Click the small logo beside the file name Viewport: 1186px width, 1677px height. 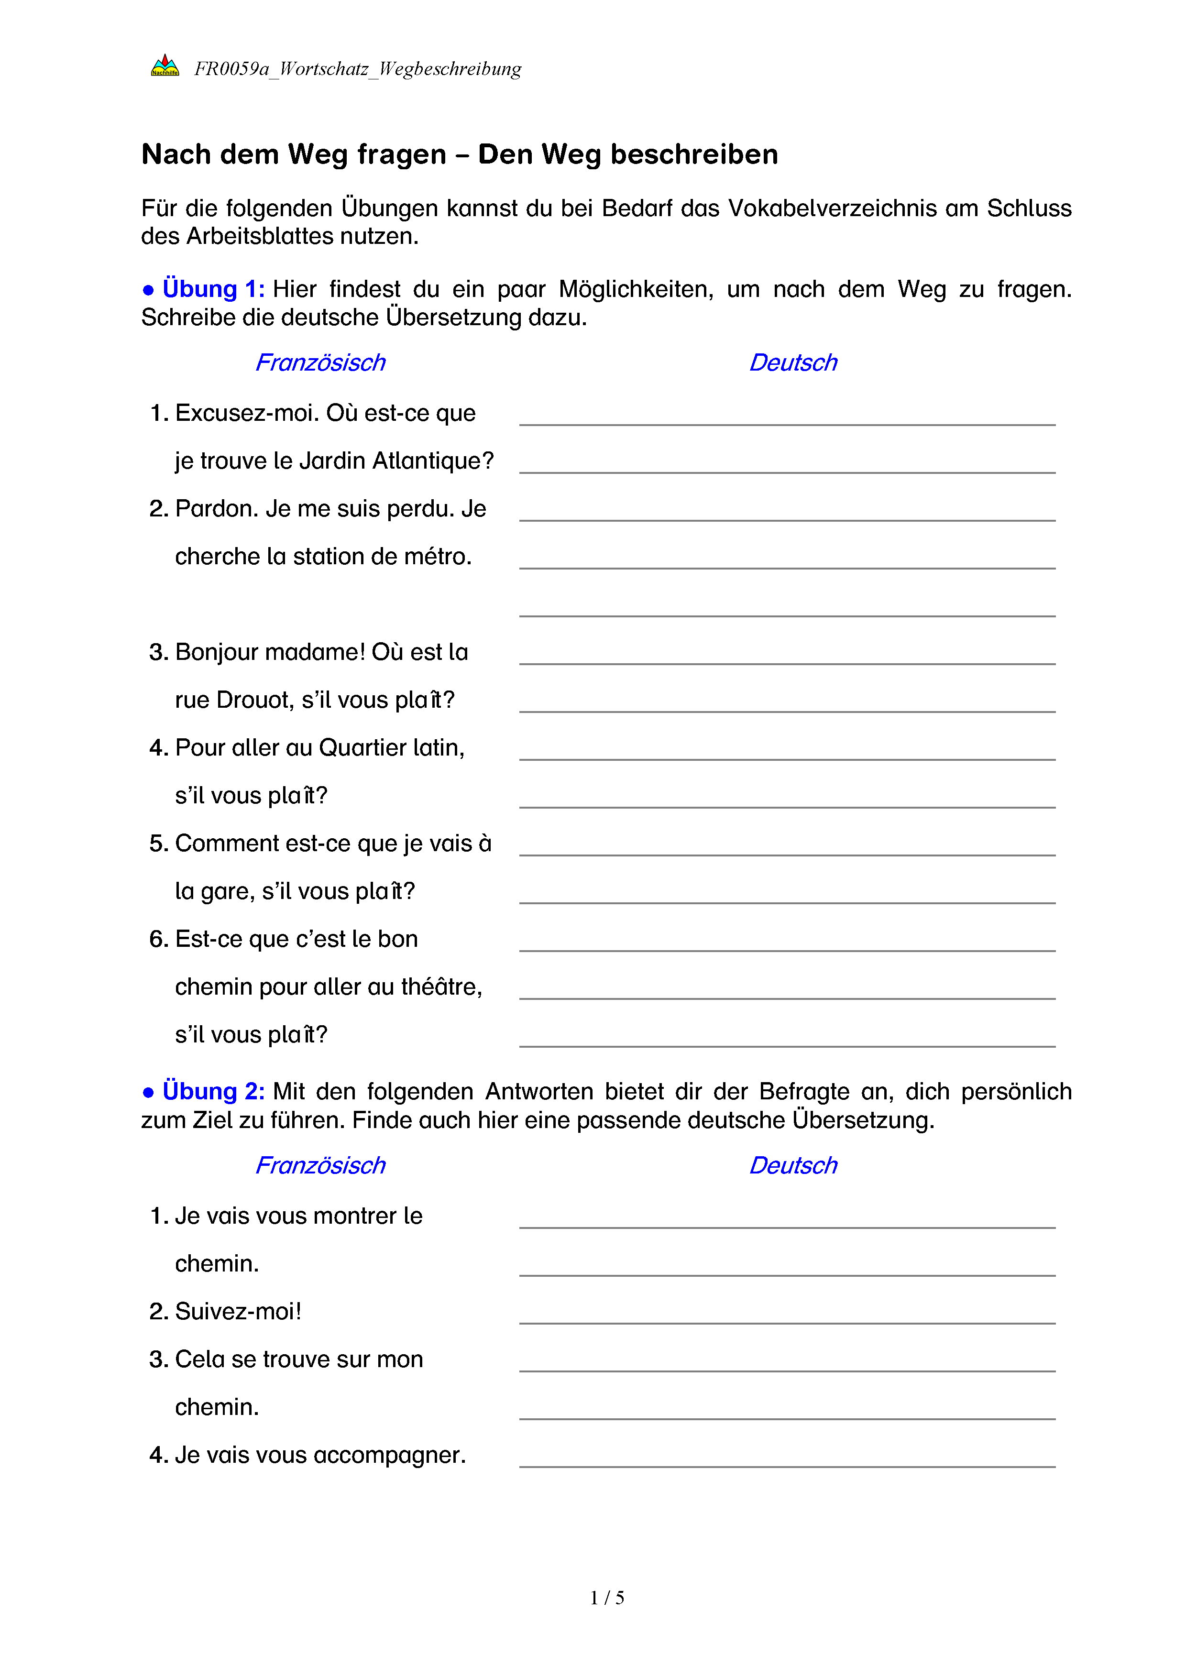[x=165, y=66]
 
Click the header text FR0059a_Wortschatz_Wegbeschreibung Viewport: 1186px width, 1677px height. [x=357, y=69]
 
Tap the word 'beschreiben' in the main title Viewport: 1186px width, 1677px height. [x=694, y=155]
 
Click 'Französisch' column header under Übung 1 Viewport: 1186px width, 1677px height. [x=320, y=363]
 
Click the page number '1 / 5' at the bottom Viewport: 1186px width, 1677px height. [x=607, y=1598]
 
